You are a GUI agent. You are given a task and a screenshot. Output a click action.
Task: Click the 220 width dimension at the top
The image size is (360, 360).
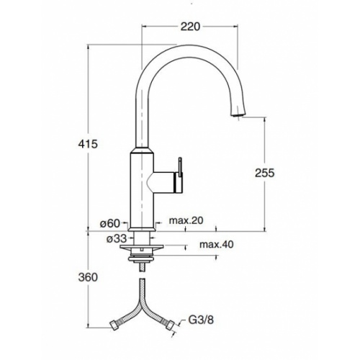coord(190,27)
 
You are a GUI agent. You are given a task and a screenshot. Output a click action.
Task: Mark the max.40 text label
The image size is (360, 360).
coord(216,246)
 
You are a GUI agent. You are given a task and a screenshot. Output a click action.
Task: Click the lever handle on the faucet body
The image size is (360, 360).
coord(181,170)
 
